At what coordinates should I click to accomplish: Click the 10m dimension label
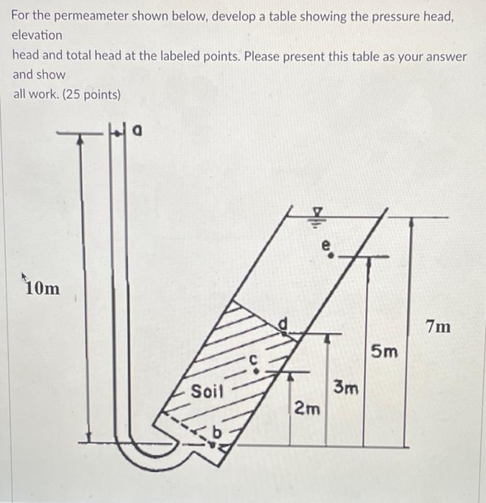pos(42,289)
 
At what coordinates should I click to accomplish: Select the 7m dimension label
pos(438,328)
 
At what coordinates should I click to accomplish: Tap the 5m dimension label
pos(384,351)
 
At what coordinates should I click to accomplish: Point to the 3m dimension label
pos(347,389)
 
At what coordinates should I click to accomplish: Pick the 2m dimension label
pos(307,409)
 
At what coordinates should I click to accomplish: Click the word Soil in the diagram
pos(208,392)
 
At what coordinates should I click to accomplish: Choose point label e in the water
pos(328,247)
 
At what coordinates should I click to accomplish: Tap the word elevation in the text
pos(37,34)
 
